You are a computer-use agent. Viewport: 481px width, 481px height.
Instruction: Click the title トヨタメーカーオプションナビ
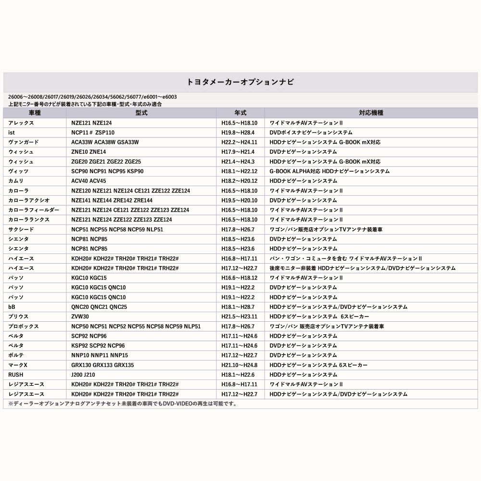pos(240,82)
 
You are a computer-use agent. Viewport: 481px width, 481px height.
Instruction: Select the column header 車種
pos(35,113)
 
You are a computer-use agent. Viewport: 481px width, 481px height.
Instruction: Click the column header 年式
pos(240,113)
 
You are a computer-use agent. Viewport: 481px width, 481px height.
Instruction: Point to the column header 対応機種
pos(371,113)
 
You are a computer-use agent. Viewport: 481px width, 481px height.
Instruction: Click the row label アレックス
pos(21,123)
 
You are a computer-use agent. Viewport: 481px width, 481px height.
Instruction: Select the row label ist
pos(13,132)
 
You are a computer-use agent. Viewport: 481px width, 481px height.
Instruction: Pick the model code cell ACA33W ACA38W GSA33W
pos(105,142)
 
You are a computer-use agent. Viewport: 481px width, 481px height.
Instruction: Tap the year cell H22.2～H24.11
pos(240,142)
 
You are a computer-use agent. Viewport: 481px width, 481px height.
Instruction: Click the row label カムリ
pos(16,181)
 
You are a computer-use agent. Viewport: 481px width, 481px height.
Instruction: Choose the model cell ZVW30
pos(80,316)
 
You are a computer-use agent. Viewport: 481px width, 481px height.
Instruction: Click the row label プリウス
pos(18,316)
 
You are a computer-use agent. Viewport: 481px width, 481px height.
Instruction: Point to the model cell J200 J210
pos(83,375)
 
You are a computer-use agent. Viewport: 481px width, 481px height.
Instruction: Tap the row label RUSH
pos(15,375)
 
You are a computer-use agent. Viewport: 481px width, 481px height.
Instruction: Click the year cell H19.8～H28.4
pos(238,132)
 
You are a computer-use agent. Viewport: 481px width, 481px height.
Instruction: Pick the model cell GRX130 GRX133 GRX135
pos(102,365)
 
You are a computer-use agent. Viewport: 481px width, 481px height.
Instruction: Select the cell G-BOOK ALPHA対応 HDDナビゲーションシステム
pos(329,171)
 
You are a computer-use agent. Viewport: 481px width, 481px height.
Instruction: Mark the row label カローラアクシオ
pos(29,200)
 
